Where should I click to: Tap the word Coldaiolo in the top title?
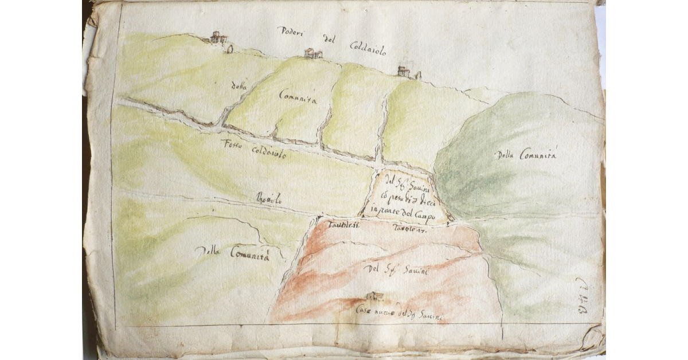point(367,48)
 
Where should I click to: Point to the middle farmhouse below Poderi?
point(312,53)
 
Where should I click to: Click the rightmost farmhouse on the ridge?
point(404,72)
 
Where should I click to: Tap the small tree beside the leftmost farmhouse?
point(230,49)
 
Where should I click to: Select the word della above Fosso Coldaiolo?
point(238,87)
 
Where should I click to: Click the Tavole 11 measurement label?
point(343,225)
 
